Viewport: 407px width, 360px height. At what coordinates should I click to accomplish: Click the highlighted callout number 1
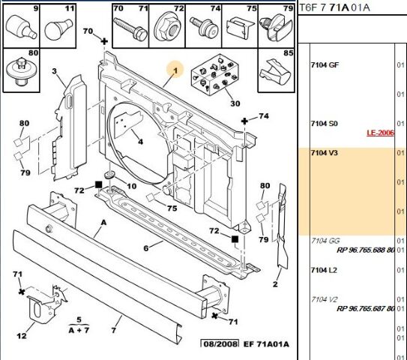pyautogui.click(x=175, y=71)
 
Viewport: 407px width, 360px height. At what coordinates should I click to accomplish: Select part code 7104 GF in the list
pyautogui.click(x=325, y=66)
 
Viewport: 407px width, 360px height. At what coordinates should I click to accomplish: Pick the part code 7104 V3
pyautogui.click(x=325, y=153)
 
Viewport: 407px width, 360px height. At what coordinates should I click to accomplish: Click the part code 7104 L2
pyautogui.click(x=325, y=269)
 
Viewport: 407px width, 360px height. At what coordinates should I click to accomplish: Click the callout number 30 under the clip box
pyautogui.click(x=214, y=103)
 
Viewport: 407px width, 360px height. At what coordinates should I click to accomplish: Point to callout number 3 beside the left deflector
pyautogui.click(x=54, y=71)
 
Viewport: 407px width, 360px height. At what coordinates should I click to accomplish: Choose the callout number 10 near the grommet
pyautogui.click(x=131, y=186)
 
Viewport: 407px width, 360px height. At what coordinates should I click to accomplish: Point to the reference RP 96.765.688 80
pyautogui.click(x=365, y=249)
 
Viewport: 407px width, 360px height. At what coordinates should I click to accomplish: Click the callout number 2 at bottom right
pyautogui.click(x=275, y=283)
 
